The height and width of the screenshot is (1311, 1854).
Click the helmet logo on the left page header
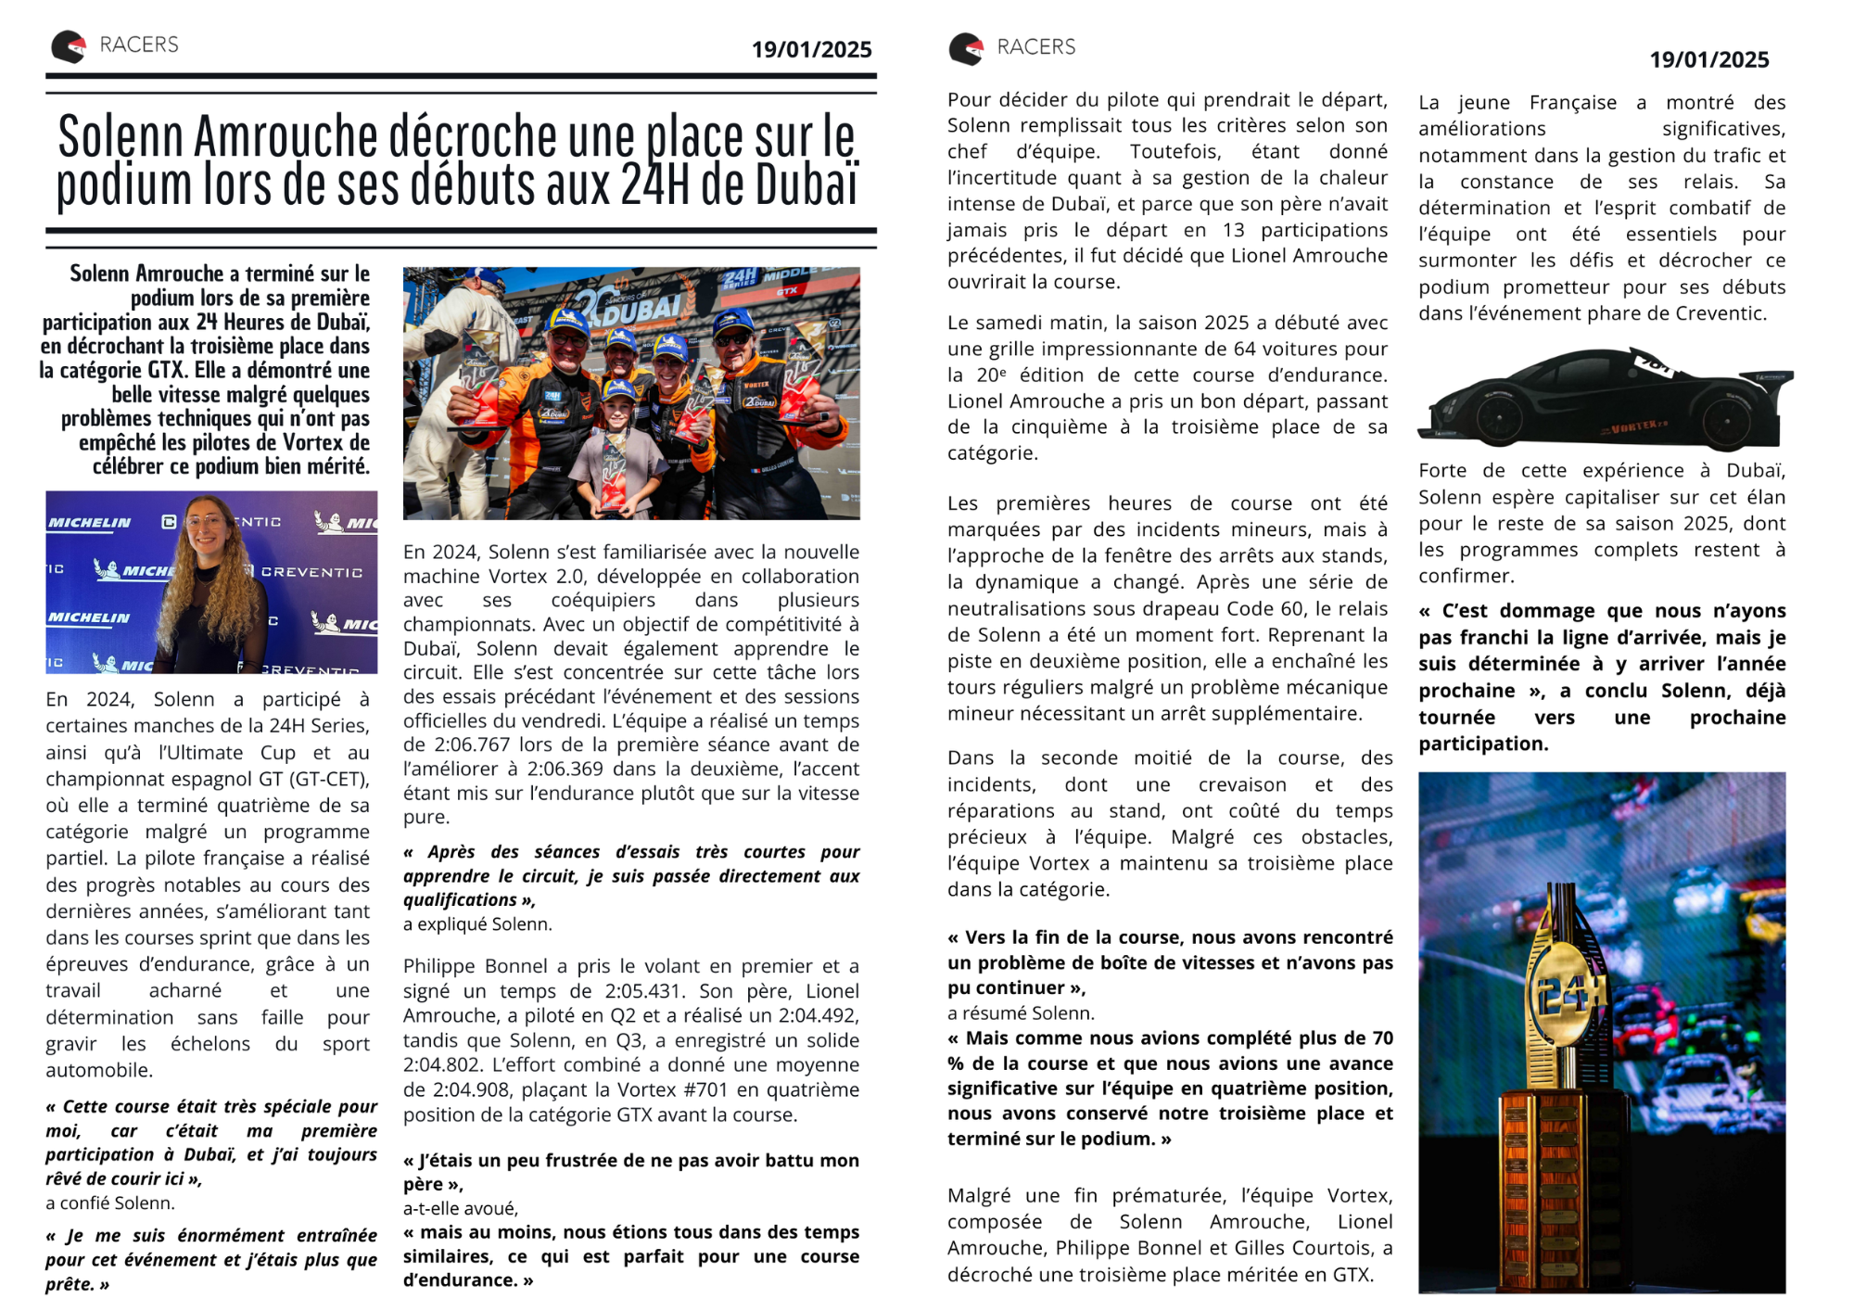pos(69,46)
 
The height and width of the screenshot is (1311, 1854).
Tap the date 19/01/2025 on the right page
pos(1708,60)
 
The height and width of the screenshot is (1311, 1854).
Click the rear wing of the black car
pos(1772,379)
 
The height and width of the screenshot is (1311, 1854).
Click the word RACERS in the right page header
pos(1035,47)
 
